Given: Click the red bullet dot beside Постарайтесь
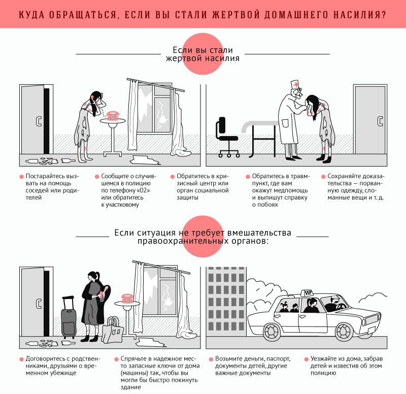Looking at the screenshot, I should [x=21, y=176].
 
